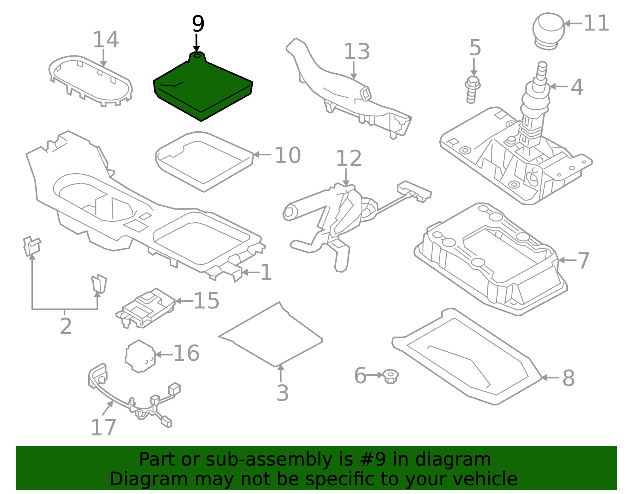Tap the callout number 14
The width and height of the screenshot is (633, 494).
106,40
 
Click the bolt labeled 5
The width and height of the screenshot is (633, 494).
472,89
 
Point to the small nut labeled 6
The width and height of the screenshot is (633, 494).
390,376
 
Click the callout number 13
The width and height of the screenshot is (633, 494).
356,52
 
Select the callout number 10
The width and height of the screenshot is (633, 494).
288,155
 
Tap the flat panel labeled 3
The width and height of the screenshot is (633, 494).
273,334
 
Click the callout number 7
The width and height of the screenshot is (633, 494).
584,261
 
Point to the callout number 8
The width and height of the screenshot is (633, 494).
569,378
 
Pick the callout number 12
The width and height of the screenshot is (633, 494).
349,159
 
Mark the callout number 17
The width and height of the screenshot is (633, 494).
103,428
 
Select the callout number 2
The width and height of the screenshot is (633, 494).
66,326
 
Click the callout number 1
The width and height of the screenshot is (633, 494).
266,273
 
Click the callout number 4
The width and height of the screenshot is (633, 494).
577,87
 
